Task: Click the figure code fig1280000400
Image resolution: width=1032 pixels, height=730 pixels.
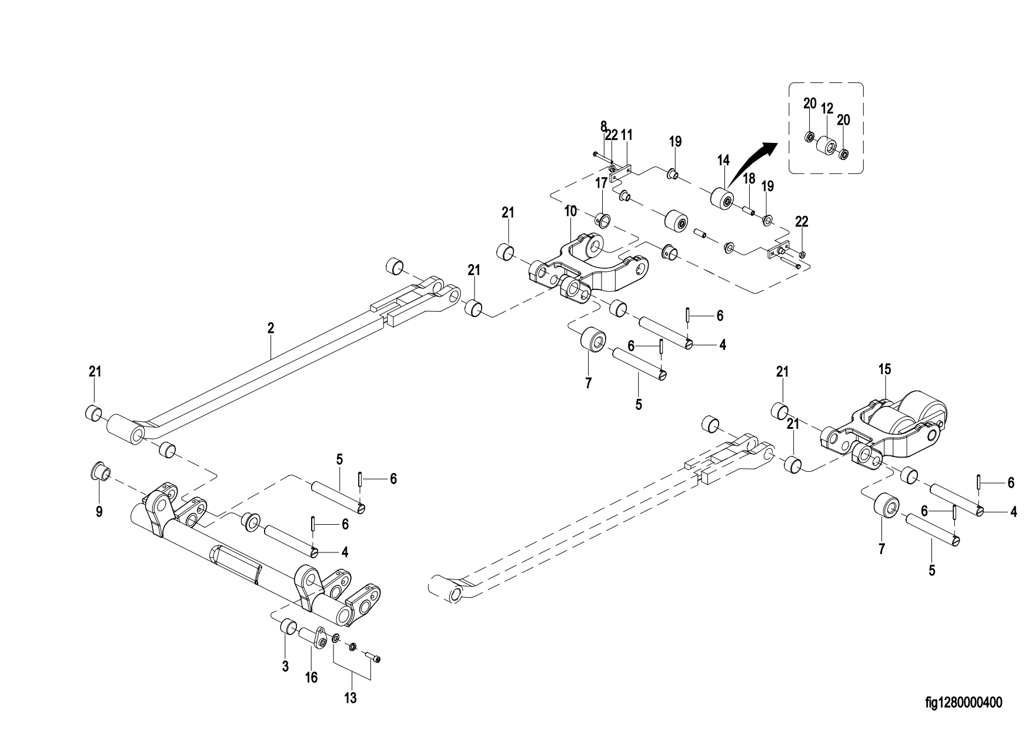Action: pos(963,702)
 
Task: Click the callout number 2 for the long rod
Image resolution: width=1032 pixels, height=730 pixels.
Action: pos(270,328)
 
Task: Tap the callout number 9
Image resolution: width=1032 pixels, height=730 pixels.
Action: pos(99,512)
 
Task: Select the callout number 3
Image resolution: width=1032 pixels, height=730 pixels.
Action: pos(285,667)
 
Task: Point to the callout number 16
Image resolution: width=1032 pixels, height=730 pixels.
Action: pos(311,678)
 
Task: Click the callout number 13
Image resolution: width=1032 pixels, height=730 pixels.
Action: pos(351,698)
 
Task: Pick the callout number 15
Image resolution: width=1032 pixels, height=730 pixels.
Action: pos(885,369)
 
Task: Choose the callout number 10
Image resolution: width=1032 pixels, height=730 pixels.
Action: pos(571,211)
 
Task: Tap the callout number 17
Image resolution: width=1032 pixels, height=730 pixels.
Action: pos(601,183)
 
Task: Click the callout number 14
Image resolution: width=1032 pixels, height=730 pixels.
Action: pos(723,159)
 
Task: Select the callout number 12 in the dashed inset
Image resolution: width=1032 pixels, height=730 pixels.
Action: pos(827,109)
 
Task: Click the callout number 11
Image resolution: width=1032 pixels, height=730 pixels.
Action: pos(627,135)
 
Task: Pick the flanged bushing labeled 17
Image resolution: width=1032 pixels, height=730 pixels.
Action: pos(602,219)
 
